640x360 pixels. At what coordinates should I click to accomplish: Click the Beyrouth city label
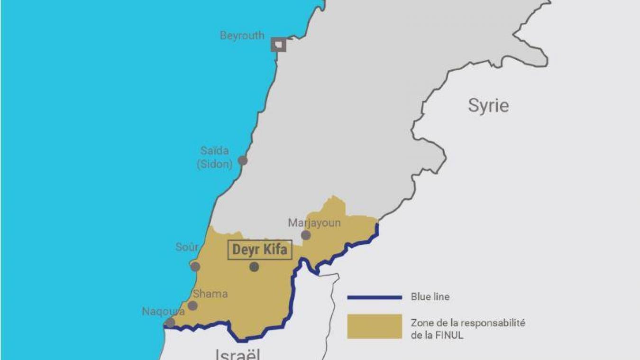click(242, 36)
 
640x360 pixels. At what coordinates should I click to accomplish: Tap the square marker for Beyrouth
click(279, 45)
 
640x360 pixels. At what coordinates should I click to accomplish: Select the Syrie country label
click(488, 105)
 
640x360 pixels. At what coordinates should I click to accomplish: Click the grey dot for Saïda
click(243, 160)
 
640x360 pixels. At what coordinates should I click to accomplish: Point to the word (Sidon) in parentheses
click(215, 165)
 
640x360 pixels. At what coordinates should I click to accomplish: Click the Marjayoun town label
click(314, 223)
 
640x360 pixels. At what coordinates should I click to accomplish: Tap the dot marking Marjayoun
click(306, 235)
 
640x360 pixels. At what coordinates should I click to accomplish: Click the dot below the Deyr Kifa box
click(254, 267)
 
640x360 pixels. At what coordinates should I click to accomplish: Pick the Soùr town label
click(187, 248)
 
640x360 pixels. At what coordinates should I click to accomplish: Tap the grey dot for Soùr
click(195, 267)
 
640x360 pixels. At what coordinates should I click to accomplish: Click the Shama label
click(210, 294)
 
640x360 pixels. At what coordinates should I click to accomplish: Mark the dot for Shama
click(192, 305)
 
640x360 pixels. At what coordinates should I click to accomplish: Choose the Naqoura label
click(163, 312)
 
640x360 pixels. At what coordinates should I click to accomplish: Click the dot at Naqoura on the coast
click(170, 323)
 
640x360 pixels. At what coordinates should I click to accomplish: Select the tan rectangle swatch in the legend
click(375, 326)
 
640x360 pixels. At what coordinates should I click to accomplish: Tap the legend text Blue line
click(430, 297)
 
